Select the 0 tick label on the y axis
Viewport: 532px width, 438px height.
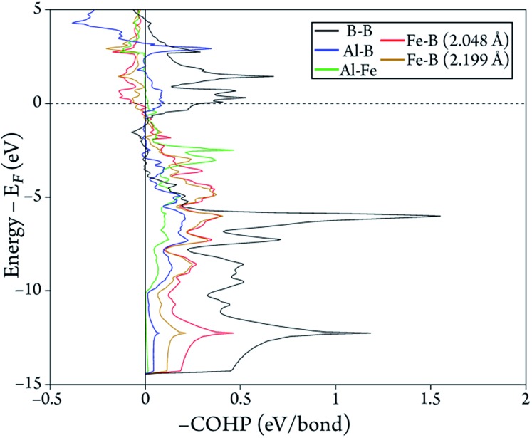(36, 103)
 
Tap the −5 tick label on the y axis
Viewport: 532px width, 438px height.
(32, 197)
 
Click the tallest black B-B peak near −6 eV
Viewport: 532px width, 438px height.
(440, 216)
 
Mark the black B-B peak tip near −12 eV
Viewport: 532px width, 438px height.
(370, 333)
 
